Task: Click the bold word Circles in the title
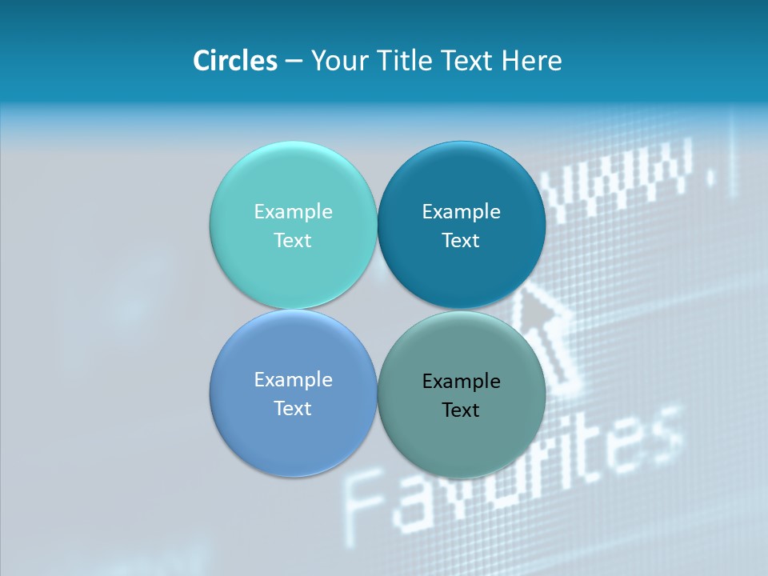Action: click(234, 61)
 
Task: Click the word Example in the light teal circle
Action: click(293, 212)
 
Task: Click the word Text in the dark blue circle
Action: click(461, 241)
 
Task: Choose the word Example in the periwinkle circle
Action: click(293, 380)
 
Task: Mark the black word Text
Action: click(461, 410)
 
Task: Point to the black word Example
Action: click(461, 382)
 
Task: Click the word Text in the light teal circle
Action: click(293, 241)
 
